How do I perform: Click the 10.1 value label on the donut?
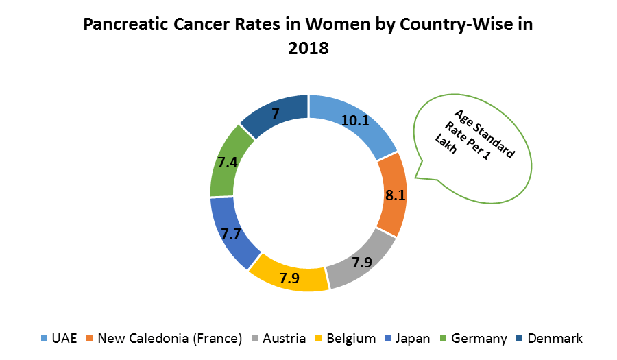[356, 121]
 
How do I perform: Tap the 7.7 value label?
[230, 233]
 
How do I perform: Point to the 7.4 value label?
[228, 163]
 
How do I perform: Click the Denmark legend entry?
[554, 338]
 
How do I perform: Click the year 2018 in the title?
[308, 49]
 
